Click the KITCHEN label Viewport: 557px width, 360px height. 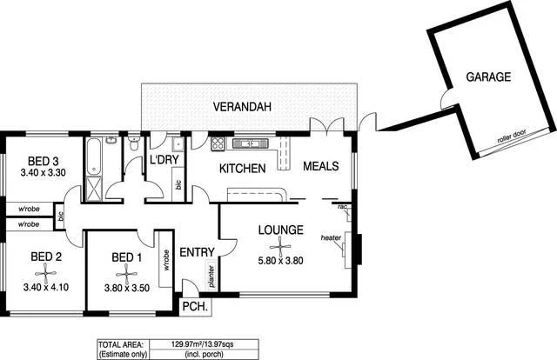(241, 168)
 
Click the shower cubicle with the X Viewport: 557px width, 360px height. (94, 189)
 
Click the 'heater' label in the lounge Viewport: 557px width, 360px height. (331, 238)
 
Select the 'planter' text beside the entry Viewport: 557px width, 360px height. (211, 277)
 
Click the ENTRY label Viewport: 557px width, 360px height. (197, 252)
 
